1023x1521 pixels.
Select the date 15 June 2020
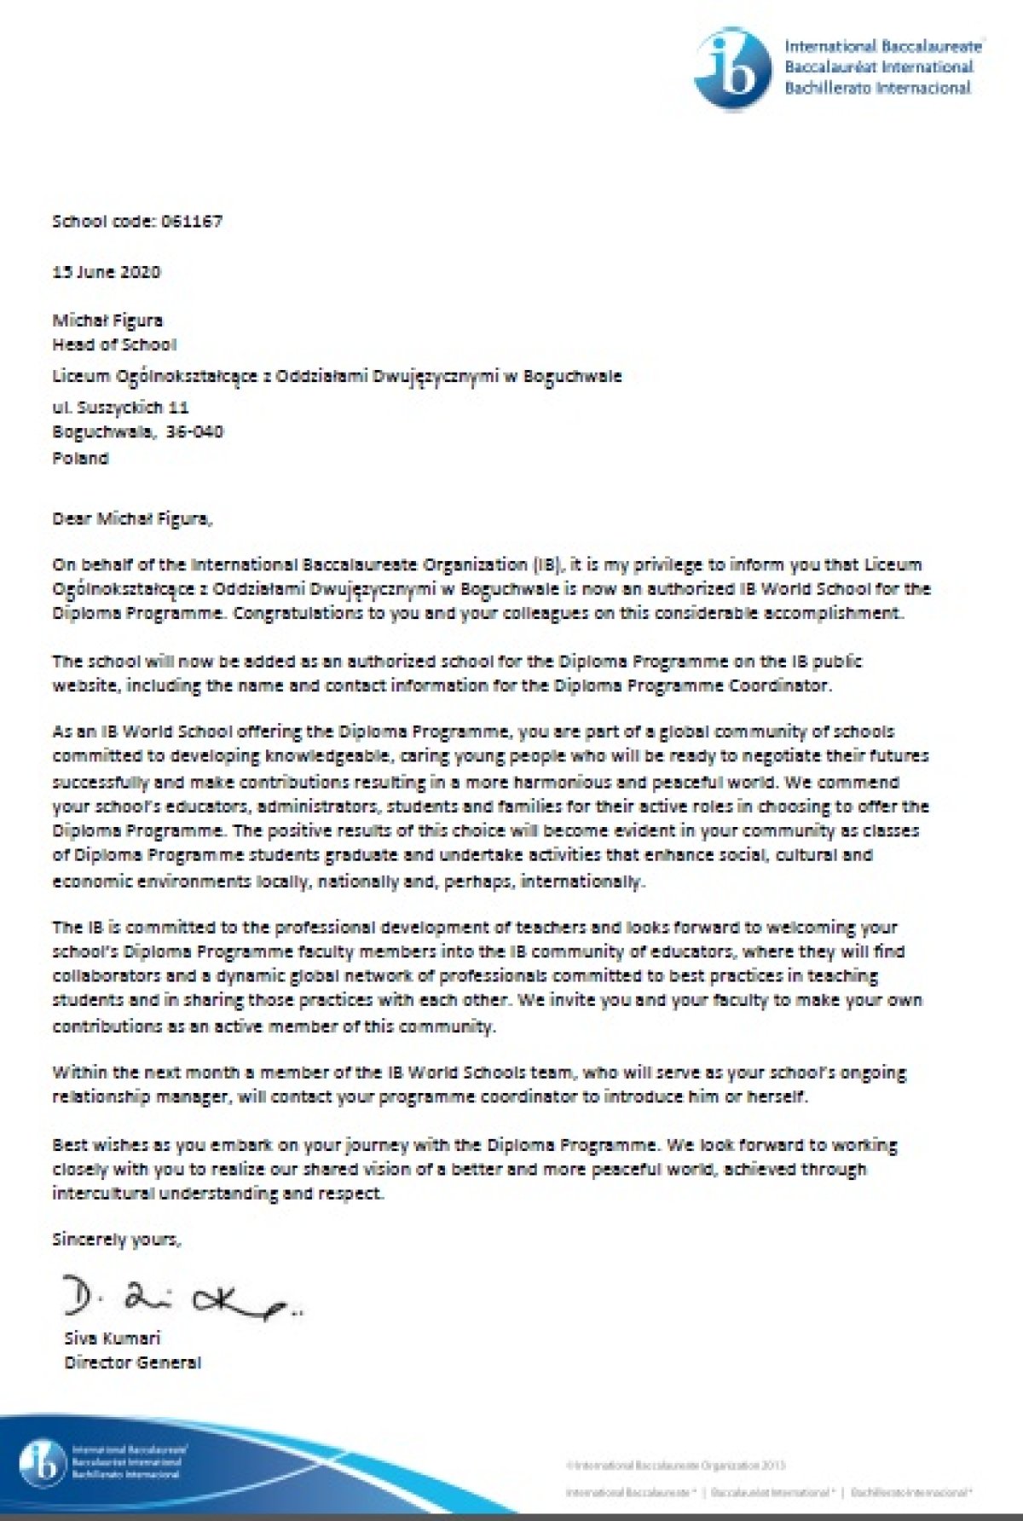[107, 272]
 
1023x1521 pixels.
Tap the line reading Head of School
[115, 344]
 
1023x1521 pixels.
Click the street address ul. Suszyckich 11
[120, 408]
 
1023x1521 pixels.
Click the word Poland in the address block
[81, 458]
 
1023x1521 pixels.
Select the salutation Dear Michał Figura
[130, 518]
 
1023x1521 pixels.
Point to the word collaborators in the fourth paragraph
[103, 975]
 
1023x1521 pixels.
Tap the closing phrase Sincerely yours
[117, 1240]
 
